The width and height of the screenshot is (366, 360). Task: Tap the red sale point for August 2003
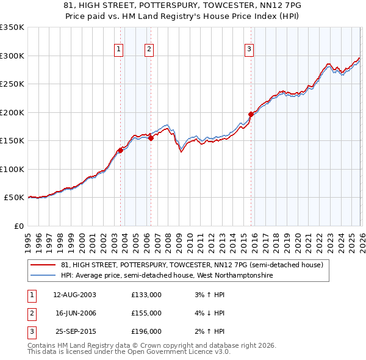pos(120,151)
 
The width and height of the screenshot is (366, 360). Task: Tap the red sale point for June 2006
pos(151,139)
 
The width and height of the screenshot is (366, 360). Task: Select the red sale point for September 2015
pos(251,114)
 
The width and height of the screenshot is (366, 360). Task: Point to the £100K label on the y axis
pos(12,169)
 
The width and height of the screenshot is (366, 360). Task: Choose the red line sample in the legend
pos(43,265)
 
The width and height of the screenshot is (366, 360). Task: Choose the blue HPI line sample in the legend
pos(43,275)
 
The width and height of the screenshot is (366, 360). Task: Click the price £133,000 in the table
pos(146,295)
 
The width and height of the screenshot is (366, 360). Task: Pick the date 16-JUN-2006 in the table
pos(76,313)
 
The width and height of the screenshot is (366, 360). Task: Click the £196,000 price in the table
pos(146,331)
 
